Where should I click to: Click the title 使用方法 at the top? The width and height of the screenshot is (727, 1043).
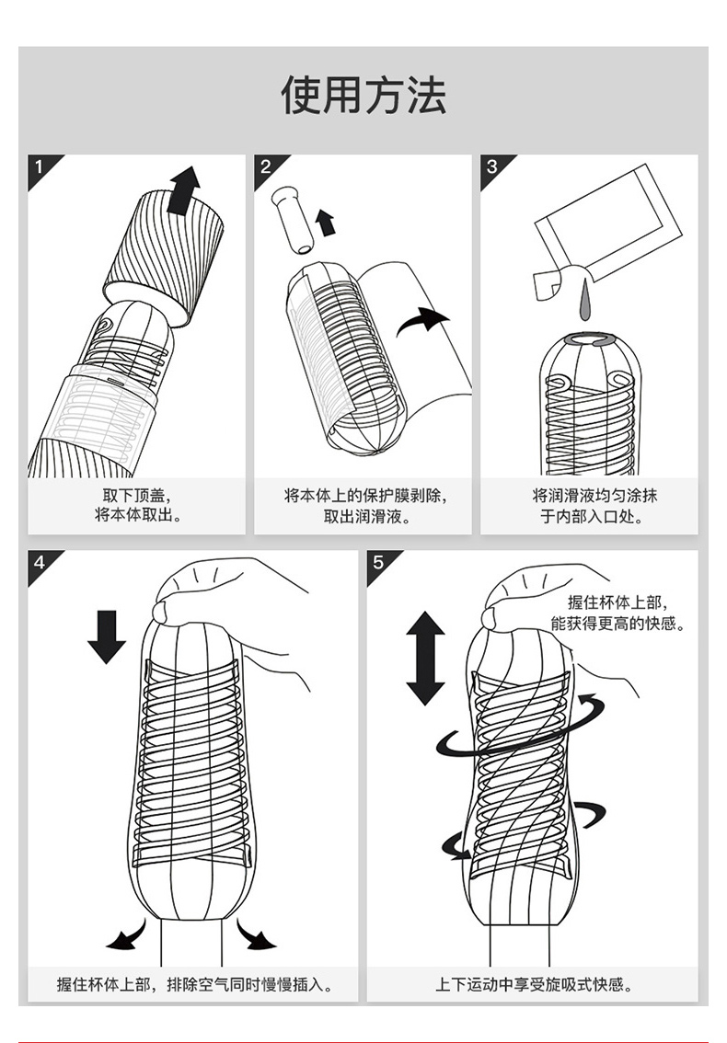363,95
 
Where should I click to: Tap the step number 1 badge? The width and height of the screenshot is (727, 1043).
40,166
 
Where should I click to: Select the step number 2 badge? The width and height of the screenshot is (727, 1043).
266,166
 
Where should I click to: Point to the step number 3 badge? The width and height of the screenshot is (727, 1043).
492,166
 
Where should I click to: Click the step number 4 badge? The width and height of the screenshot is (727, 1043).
40,562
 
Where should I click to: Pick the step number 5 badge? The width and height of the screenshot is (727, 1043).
378,562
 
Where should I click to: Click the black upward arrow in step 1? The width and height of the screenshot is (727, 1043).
184,190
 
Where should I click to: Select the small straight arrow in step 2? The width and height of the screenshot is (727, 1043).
325,223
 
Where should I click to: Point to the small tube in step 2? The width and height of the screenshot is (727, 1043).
294,219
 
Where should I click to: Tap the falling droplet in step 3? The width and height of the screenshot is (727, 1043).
585,302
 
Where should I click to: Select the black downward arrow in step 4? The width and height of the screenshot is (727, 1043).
107,636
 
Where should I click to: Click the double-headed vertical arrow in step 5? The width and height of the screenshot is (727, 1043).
425,658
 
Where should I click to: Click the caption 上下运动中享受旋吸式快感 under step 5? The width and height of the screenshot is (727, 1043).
534,984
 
